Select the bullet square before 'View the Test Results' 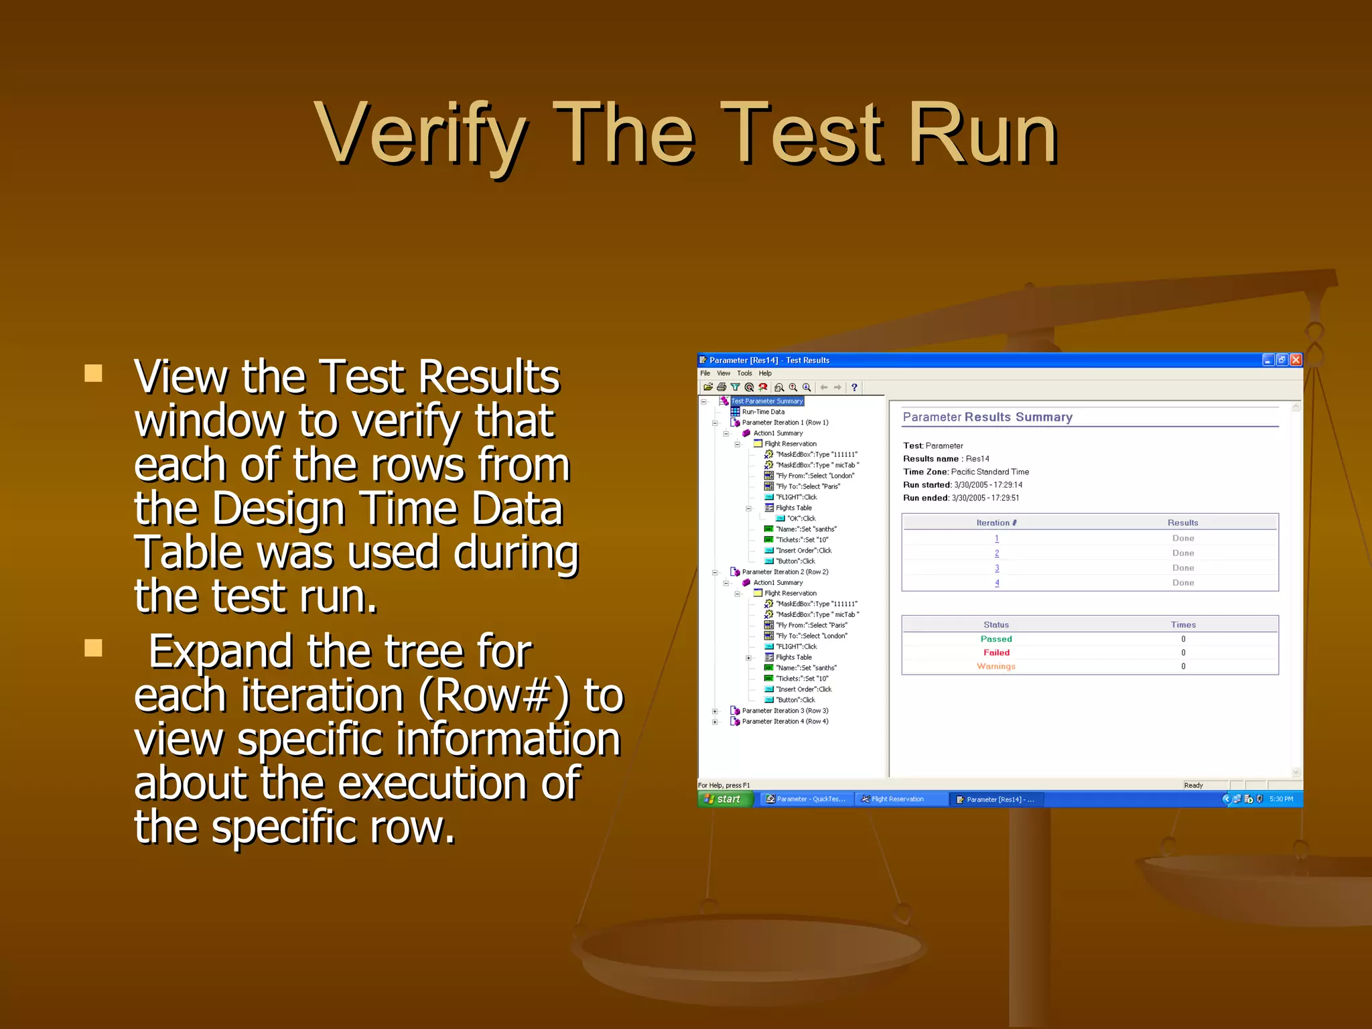pos(94,373)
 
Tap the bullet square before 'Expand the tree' pos(94,648)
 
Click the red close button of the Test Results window pos(1296,360)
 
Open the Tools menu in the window pos(744,373)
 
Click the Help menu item pos(765,373)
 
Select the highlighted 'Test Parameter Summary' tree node pos(766,401)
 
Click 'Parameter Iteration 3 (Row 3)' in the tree pos(784,711)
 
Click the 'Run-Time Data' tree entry pos(763,412)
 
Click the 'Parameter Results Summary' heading pos(987,417)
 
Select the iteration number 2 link pos(997,553)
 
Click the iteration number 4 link pos(997,583)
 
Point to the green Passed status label pos(996,639)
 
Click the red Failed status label pos(996,653)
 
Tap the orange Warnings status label pos(996,667)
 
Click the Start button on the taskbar pos(726,799)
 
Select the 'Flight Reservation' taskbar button pos(897,799)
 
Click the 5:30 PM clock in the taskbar pos(1281,799)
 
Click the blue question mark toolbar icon pos(854,387)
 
